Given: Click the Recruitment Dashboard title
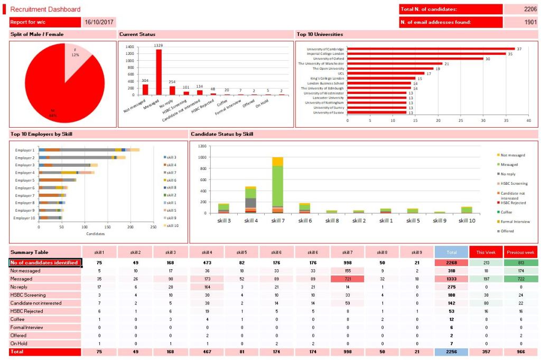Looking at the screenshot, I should (x=45, y=10).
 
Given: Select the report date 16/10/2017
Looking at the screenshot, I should (x=99, y=22).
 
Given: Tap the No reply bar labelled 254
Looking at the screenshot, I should (x=172, y=90).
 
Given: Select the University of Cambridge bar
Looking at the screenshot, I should (x=431, y=49).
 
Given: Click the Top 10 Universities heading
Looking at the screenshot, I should (x=320, y=34).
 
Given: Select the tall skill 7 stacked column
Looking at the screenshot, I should (x=277, y=185).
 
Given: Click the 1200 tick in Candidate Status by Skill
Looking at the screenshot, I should (x=201, y=146).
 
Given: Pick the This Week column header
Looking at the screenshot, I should (x=486, y=252).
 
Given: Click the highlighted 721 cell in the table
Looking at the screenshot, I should (x=347, y=279).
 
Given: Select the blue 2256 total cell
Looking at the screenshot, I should (x=451, y=352).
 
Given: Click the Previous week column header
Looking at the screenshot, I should (x=520, y=252).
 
